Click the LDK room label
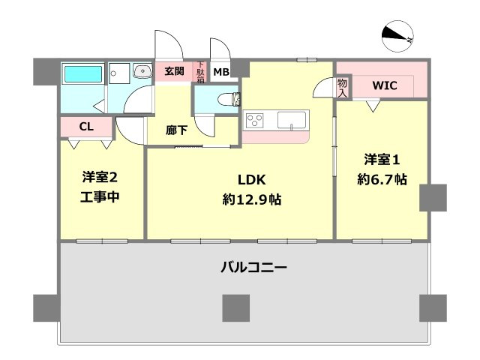tap(252, 180)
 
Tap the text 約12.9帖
tap(252, 200)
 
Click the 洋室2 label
tap(100, 178)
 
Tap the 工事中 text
tap(100, 197)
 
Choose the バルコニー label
tap(254, 267)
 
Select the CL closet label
tap(86, 126)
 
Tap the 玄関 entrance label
tap(174, 71)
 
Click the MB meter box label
tap(221, 72)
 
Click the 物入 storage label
tap(342, 88)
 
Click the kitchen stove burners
tap(256, 120)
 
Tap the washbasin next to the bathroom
tap(141, 72)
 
